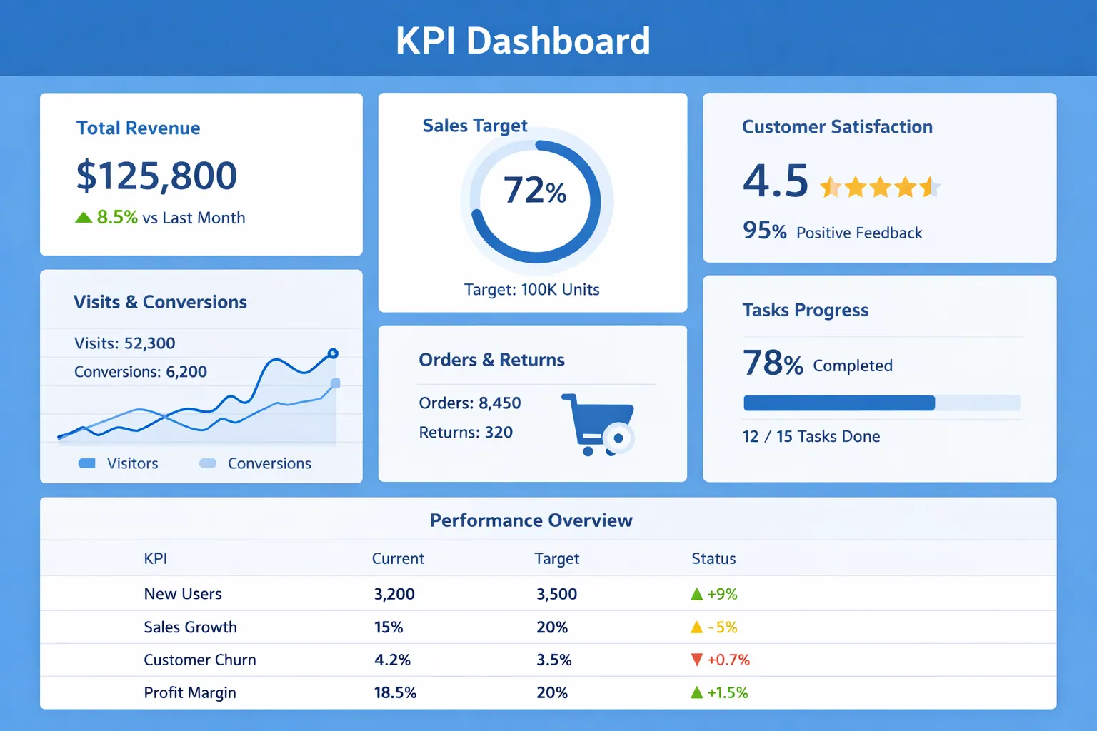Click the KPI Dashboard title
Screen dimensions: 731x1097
point(523,41)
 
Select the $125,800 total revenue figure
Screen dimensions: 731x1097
point(156,176)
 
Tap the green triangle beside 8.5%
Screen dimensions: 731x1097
point(84,218)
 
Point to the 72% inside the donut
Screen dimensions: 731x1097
point(535,191)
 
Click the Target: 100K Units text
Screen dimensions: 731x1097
point(531,290)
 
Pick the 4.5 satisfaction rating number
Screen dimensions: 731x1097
point(776,181)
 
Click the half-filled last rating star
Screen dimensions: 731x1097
point(929,187)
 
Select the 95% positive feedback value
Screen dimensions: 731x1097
point(764,231)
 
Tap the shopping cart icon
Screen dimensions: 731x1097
point(598,424)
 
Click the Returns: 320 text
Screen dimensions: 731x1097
point(466,433)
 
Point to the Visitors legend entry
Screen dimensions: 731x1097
point(119,463)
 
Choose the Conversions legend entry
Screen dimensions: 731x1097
point(256,463)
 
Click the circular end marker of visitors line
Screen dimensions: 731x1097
point(333,353)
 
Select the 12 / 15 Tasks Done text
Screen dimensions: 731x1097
point(811,436)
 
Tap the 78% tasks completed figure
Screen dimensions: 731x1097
point(773,363)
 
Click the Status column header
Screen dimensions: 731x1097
point(713,559)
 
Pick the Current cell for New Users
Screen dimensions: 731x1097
point(394,594)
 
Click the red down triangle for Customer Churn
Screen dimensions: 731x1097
point(697,660)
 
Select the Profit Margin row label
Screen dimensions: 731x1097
point(190,692)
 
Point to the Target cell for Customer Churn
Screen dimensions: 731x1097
point(554,660)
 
